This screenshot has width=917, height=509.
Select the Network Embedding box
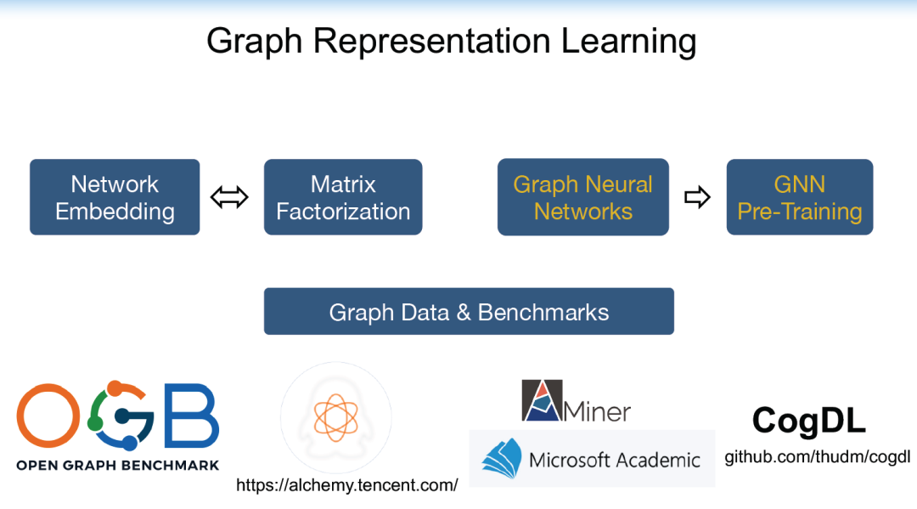pos(115,197)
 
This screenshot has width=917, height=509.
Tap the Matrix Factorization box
pos(343,197)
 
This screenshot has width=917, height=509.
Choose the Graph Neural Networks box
pos(583,197)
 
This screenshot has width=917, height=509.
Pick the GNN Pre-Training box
pos(800,197)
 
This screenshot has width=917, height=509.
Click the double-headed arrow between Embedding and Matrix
pos(229,198)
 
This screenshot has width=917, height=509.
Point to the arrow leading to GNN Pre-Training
pos(697,198)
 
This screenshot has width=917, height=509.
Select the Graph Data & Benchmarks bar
pos(469,312)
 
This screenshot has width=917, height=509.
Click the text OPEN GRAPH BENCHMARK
pos(118,465)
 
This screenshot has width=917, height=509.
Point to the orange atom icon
pos(336,416)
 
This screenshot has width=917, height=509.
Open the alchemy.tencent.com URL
pos(346,485)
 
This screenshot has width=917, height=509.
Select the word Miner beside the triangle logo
pos(598,411)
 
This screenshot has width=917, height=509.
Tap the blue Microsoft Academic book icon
pos(502,457)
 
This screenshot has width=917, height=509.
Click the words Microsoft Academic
pos(615,460)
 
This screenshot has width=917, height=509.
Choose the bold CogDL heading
pos(809,421)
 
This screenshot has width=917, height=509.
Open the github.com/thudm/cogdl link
pos(817,457)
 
